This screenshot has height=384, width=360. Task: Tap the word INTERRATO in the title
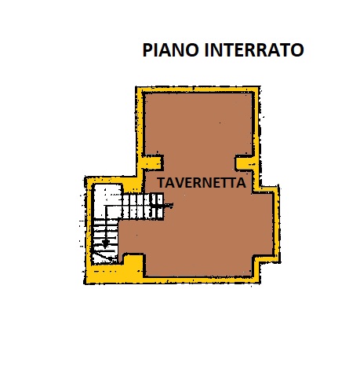[x=254, y=49]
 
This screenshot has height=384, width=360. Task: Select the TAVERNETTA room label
[x=202, y=183]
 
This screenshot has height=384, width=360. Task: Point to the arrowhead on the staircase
[x=105, y=244]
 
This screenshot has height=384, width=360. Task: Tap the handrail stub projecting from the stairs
[x=168, y=206]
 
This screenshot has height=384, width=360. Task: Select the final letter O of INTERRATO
[x=297, y=49]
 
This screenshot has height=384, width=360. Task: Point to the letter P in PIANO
[x=147, y=49]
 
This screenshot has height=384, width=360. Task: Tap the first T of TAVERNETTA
[x=162, y=183]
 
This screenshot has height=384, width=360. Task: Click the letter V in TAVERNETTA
[x=179, y=183]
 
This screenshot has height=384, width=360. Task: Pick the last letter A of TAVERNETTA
[x=242, y=183]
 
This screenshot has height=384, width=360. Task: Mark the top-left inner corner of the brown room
[x=144, y=93]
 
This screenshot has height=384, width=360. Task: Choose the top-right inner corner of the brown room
[x=253, y=93]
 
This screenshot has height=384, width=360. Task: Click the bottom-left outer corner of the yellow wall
[x=85, y=283]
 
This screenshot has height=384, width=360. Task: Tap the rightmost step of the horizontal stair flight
[x=160, y=207]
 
